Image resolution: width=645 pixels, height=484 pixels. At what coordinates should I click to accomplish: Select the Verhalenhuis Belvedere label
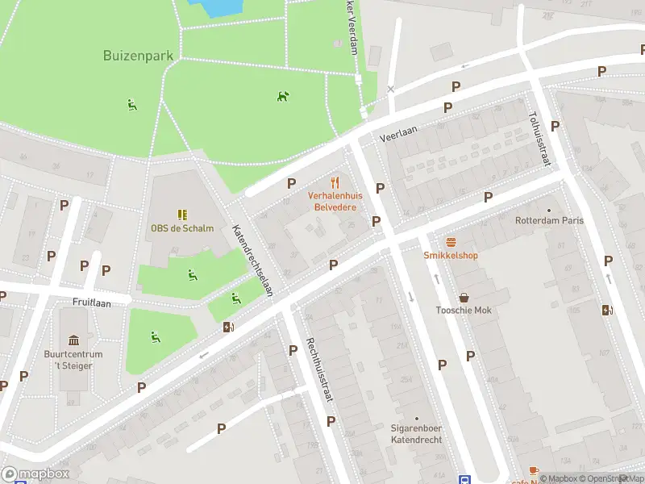coord(335,201)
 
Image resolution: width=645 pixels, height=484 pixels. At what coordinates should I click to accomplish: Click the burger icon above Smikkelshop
coord(451,242)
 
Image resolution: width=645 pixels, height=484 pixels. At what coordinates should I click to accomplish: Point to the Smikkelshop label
coord(451,256)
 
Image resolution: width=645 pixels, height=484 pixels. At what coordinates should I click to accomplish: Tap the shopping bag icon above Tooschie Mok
coord(464,298)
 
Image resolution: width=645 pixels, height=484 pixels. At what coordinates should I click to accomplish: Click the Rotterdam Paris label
coord(550,220)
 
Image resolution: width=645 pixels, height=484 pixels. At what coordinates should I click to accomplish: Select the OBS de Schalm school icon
coord(182,215)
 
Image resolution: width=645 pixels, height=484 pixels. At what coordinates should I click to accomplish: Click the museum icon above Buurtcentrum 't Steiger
coord(74,340)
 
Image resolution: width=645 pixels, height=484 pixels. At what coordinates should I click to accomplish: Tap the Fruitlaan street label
coord(90,301)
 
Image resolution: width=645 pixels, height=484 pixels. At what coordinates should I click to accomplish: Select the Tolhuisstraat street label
coord(539,139)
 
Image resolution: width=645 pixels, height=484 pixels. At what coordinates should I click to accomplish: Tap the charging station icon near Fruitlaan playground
coord(229,327)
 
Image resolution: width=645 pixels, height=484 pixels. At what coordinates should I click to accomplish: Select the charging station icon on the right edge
coord(607,310)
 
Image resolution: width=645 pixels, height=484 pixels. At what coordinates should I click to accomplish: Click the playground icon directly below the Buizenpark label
coord(132,104)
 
